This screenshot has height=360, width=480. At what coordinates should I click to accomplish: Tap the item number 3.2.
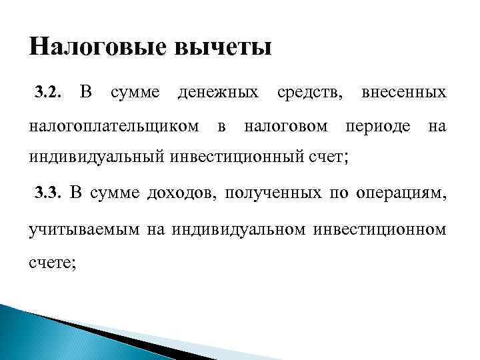(48, 92)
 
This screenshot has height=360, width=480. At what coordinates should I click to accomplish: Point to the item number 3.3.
(48, 194)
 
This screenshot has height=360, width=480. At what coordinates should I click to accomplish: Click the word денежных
(218, 91)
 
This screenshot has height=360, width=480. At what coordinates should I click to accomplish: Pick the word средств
(309, 91)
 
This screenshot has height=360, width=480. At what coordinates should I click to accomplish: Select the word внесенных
(403, 91)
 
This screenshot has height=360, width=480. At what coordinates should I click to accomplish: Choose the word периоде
(381, 125)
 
